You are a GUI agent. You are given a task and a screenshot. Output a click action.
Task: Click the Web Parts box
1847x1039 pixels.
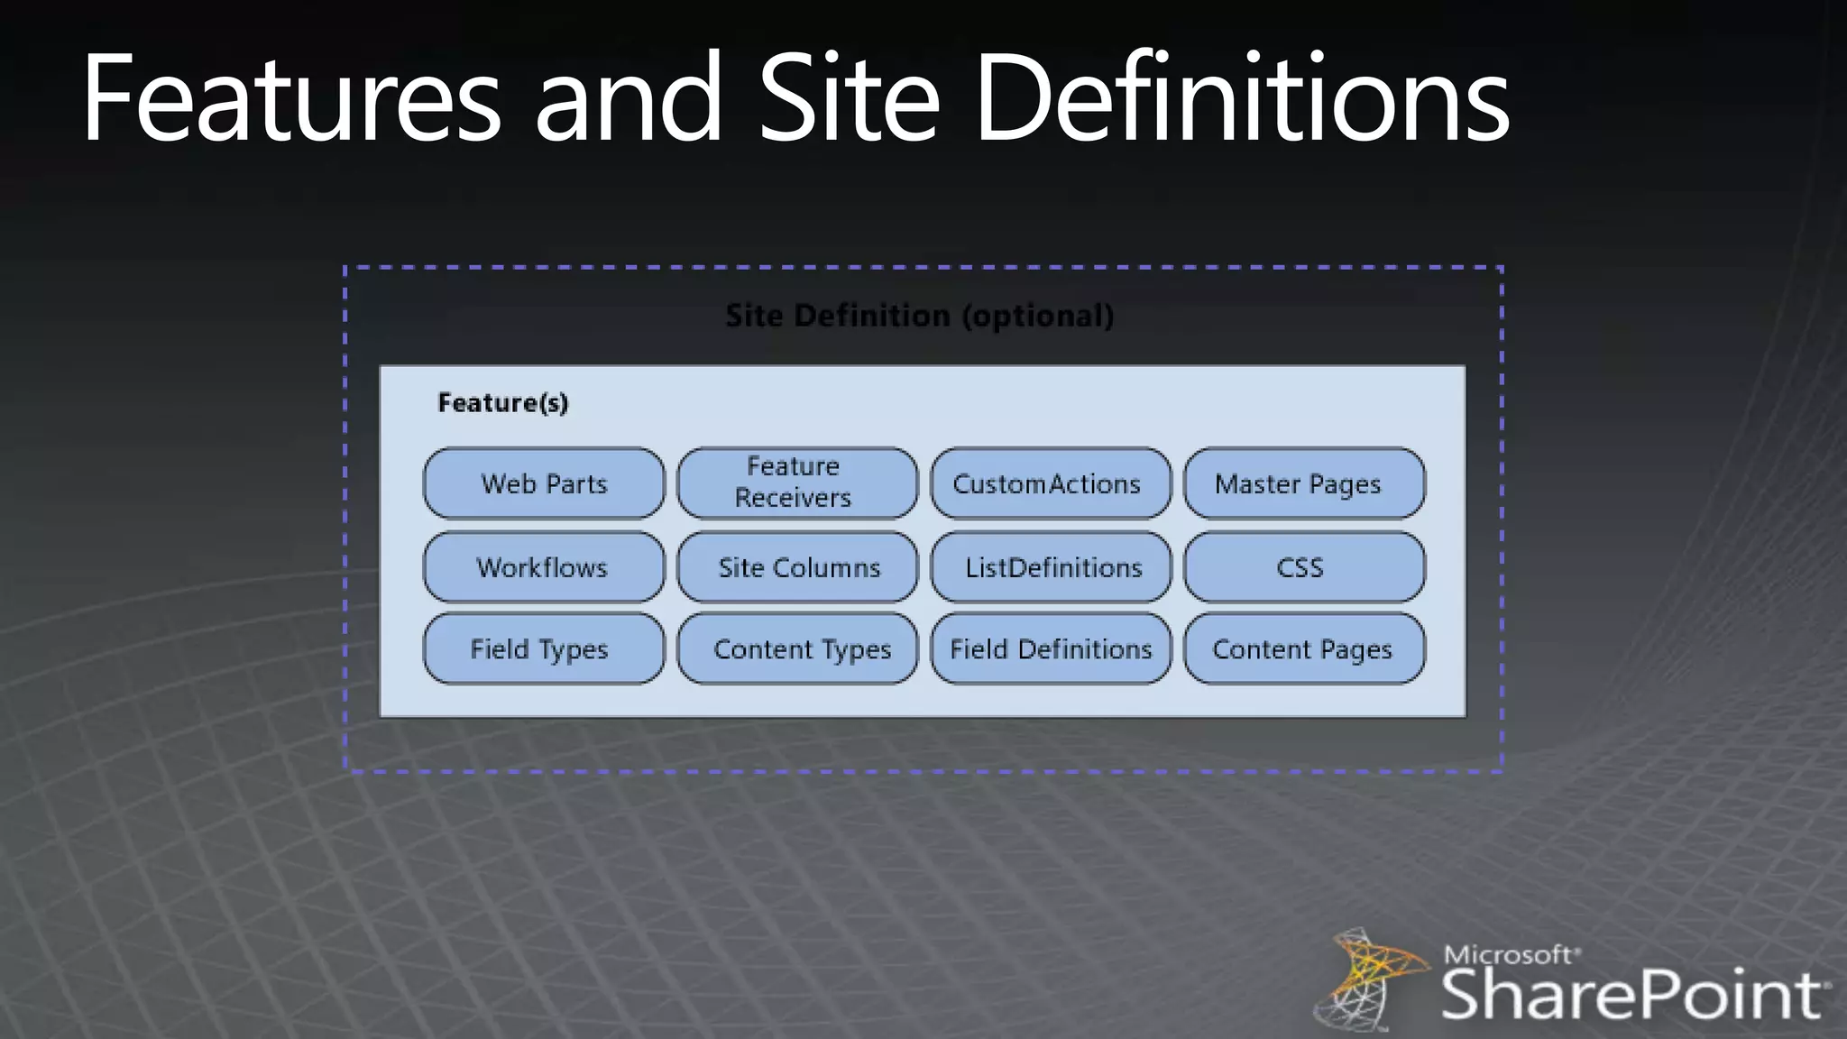[x=544, y=483]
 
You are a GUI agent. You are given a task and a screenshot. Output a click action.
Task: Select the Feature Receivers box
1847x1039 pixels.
[x=797, y=483]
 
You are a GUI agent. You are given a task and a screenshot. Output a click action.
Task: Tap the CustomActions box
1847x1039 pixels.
[x=1051, y=483]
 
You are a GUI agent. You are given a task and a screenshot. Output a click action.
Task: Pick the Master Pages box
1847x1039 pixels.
[x=1304, y=483]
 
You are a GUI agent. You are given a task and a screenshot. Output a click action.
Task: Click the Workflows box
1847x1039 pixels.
[x=544, y=567]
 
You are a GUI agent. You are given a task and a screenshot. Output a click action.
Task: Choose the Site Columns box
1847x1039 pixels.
[x=797, y=567]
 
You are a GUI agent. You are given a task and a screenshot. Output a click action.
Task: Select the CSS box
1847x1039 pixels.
[x=1304, y=567]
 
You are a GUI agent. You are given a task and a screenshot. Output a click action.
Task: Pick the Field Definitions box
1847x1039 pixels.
[x=1051, y=648]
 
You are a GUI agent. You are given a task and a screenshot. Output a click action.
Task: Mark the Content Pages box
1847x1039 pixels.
[x=1304, y=648]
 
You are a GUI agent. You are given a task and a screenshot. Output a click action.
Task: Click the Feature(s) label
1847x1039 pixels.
[x=502, y=402]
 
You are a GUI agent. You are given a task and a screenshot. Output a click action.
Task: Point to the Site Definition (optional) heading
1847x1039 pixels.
[x=919, y=316]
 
